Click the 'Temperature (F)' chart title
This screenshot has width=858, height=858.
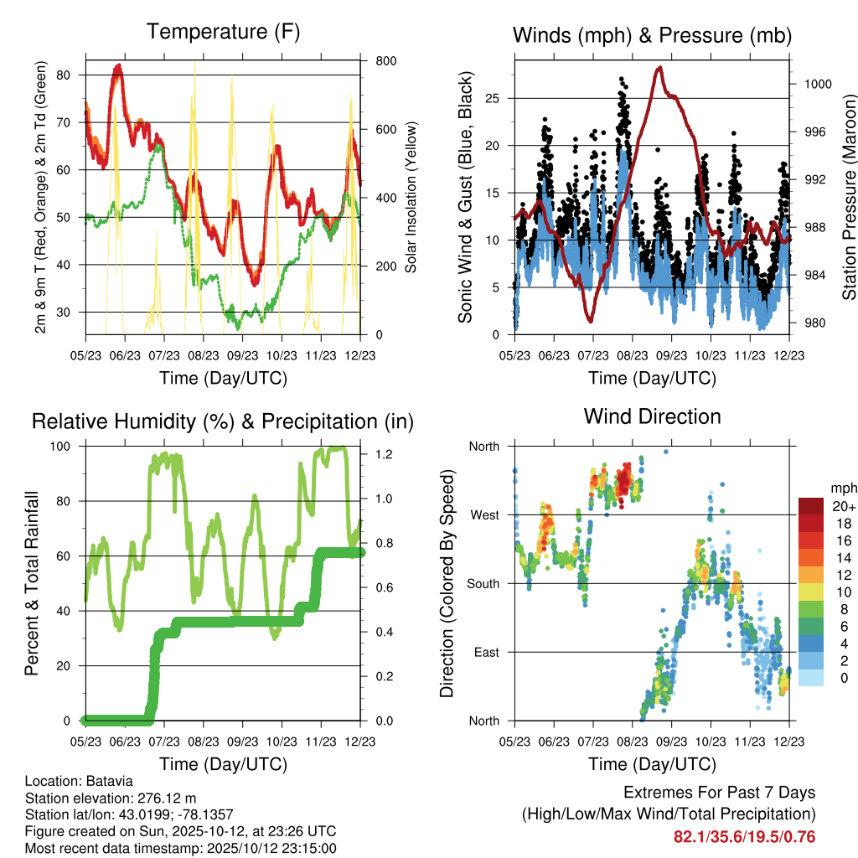pyautogui.click(x=223, y=32)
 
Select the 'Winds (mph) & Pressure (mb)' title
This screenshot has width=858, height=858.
pyautogui.click(x=653, y=35)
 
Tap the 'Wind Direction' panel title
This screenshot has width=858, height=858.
pyautogui.click(x=652, y=416)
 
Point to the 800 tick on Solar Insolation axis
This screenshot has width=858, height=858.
pyautogui.click(x=386, y=61)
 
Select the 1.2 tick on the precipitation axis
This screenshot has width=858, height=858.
pyautogui.click(x=381, y=454)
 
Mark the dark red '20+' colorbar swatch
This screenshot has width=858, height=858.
pyautogui.click(x=810, y=506)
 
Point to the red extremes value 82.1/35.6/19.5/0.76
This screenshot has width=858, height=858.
pyautogui.click(x=744, y=836)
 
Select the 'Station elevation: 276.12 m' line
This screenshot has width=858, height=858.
pyautogui.click(x=111, y=798)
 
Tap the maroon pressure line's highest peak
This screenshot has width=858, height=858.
pyautogui.click(x=660, y=67)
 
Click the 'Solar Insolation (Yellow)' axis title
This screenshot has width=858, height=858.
pyautogui.click(x=411, y=198)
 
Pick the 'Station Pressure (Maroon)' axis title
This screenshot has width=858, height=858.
pyautogui.click(x=849, y=198)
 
